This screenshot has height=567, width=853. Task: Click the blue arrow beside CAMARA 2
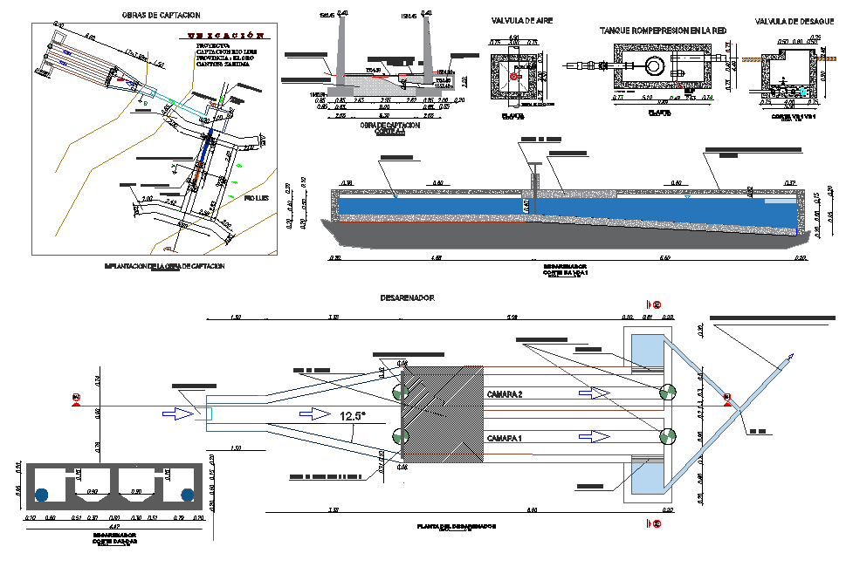(595, 394)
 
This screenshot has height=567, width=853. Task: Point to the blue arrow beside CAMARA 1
(595, 436)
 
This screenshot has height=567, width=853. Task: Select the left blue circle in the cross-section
(41, 495)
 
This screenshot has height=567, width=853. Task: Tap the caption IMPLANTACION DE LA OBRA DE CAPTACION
(163, 265)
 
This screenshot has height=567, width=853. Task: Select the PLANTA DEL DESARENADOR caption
(457, 527)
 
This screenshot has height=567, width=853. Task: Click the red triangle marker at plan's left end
(76, 399)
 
